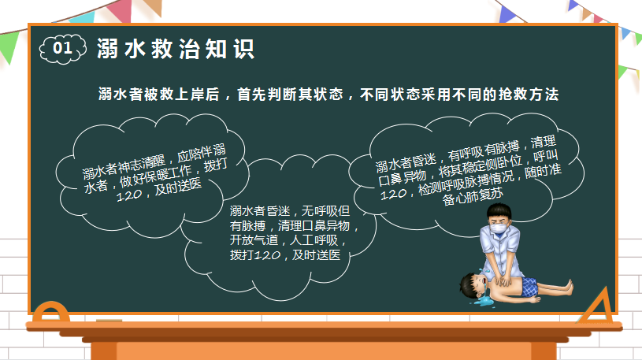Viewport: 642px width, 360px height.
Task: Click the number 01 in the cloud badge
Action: coord(63,48)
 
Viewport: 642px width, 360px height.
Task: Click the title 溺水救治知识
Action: coord(176,49)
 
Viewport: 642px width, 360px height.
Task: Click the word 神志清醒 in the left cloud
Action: coord(141,164)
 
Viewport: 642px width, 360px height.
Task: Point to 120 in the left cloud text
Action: coord(129,195)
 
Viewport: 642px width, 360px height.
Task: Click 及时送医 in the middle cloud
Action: coord(316,254)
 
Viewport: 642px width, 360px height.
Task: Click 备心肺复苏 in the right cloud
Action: coord(473,197)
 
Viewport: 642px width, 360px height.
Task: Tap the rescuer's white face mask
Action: coord(499,228)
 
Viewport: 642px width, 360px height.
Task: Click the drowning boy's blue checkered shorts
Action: coord(529,286)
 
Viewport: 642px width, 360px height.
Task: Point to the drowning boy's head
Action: coord(472,284)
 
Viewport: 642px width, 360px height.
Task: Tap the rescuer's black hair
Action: coord(499,212)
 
